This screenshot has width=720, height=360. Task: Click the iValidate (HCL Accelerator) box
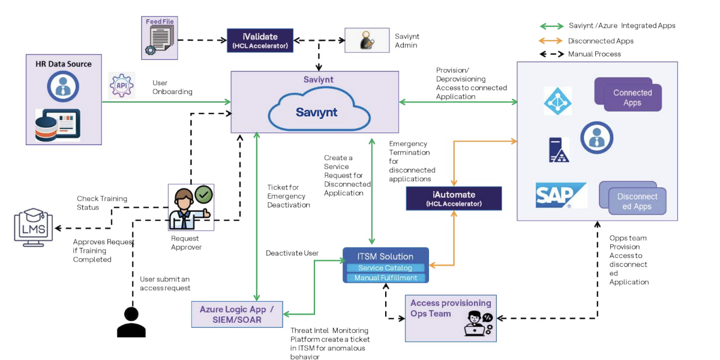point(260,40)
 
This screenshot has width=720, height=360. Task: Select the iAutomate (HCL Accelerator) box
point(454,199)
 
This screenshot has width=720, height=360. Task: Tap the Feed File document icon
point(160,39)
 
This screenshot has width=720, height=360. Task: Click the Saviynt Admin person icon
point(365,40)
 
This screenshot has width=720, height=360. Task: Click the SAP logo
point(560,195)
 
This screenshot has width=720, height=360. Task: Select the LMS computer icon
point(33,227)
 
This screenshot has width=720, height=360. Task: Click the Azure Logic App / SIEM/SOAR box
point(236,314)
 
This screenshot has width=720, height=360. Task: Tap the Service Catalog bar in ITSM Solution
point(385,268)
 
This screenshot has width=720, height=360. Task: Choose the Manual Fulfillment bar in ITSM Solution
point(385,278)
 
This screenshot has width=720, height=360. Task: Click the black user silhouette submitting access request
point(131,322)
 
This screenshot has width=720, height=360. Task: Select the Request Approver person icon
point(191,208)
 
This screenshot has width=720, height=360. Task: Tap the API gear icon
point(121,85)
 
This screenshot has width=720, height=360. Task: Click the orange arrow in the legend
point(551,41)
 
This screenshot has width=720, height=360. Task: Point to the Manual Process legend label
point(594,54)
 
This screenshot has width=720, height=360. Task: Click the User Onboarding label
point(172,88)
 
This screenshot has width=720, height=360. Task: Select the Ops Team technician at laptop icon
point(478,323)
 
